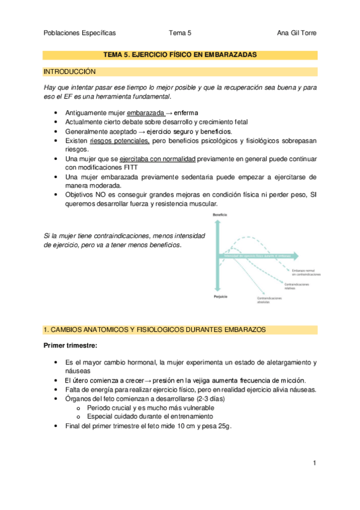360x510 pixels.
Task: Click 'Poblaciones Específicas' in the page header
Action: pos(79,33)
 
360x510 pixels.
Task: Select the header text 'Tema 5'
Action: pos(180,33)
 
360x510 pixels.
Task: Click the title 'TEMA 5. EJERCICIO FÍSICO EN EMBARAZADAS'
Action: pos(180,54)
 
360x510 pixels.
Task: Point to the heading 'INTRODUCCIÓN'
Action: pos(70,72)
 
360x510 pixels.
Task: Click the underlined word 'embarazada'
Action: pos(145,113)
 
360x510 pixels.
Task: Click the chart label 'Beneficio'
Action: pos(219,215)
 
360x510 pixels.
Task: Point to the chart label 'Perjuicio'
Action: pos(219,297)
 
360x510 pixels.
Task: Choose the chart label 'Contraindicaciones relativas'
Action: pos(297,286)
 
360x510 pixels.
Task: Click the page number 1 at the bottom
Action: pos(314,462)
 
